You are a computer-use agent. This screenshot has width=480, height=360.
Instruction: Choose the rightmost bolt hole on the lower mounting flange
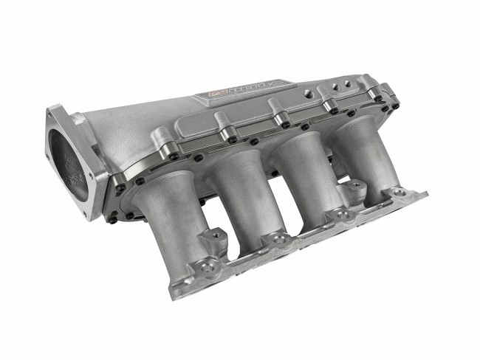(399, 193)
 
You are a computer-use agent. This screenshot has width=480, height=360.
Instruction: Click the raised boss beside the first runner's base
(216, 238)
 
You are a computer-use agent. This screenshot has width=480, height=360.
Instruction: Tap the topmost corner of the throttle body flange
(53, 110)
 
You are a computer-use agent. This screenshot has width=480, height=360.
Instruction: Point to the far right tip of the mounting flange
(426, 194)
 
